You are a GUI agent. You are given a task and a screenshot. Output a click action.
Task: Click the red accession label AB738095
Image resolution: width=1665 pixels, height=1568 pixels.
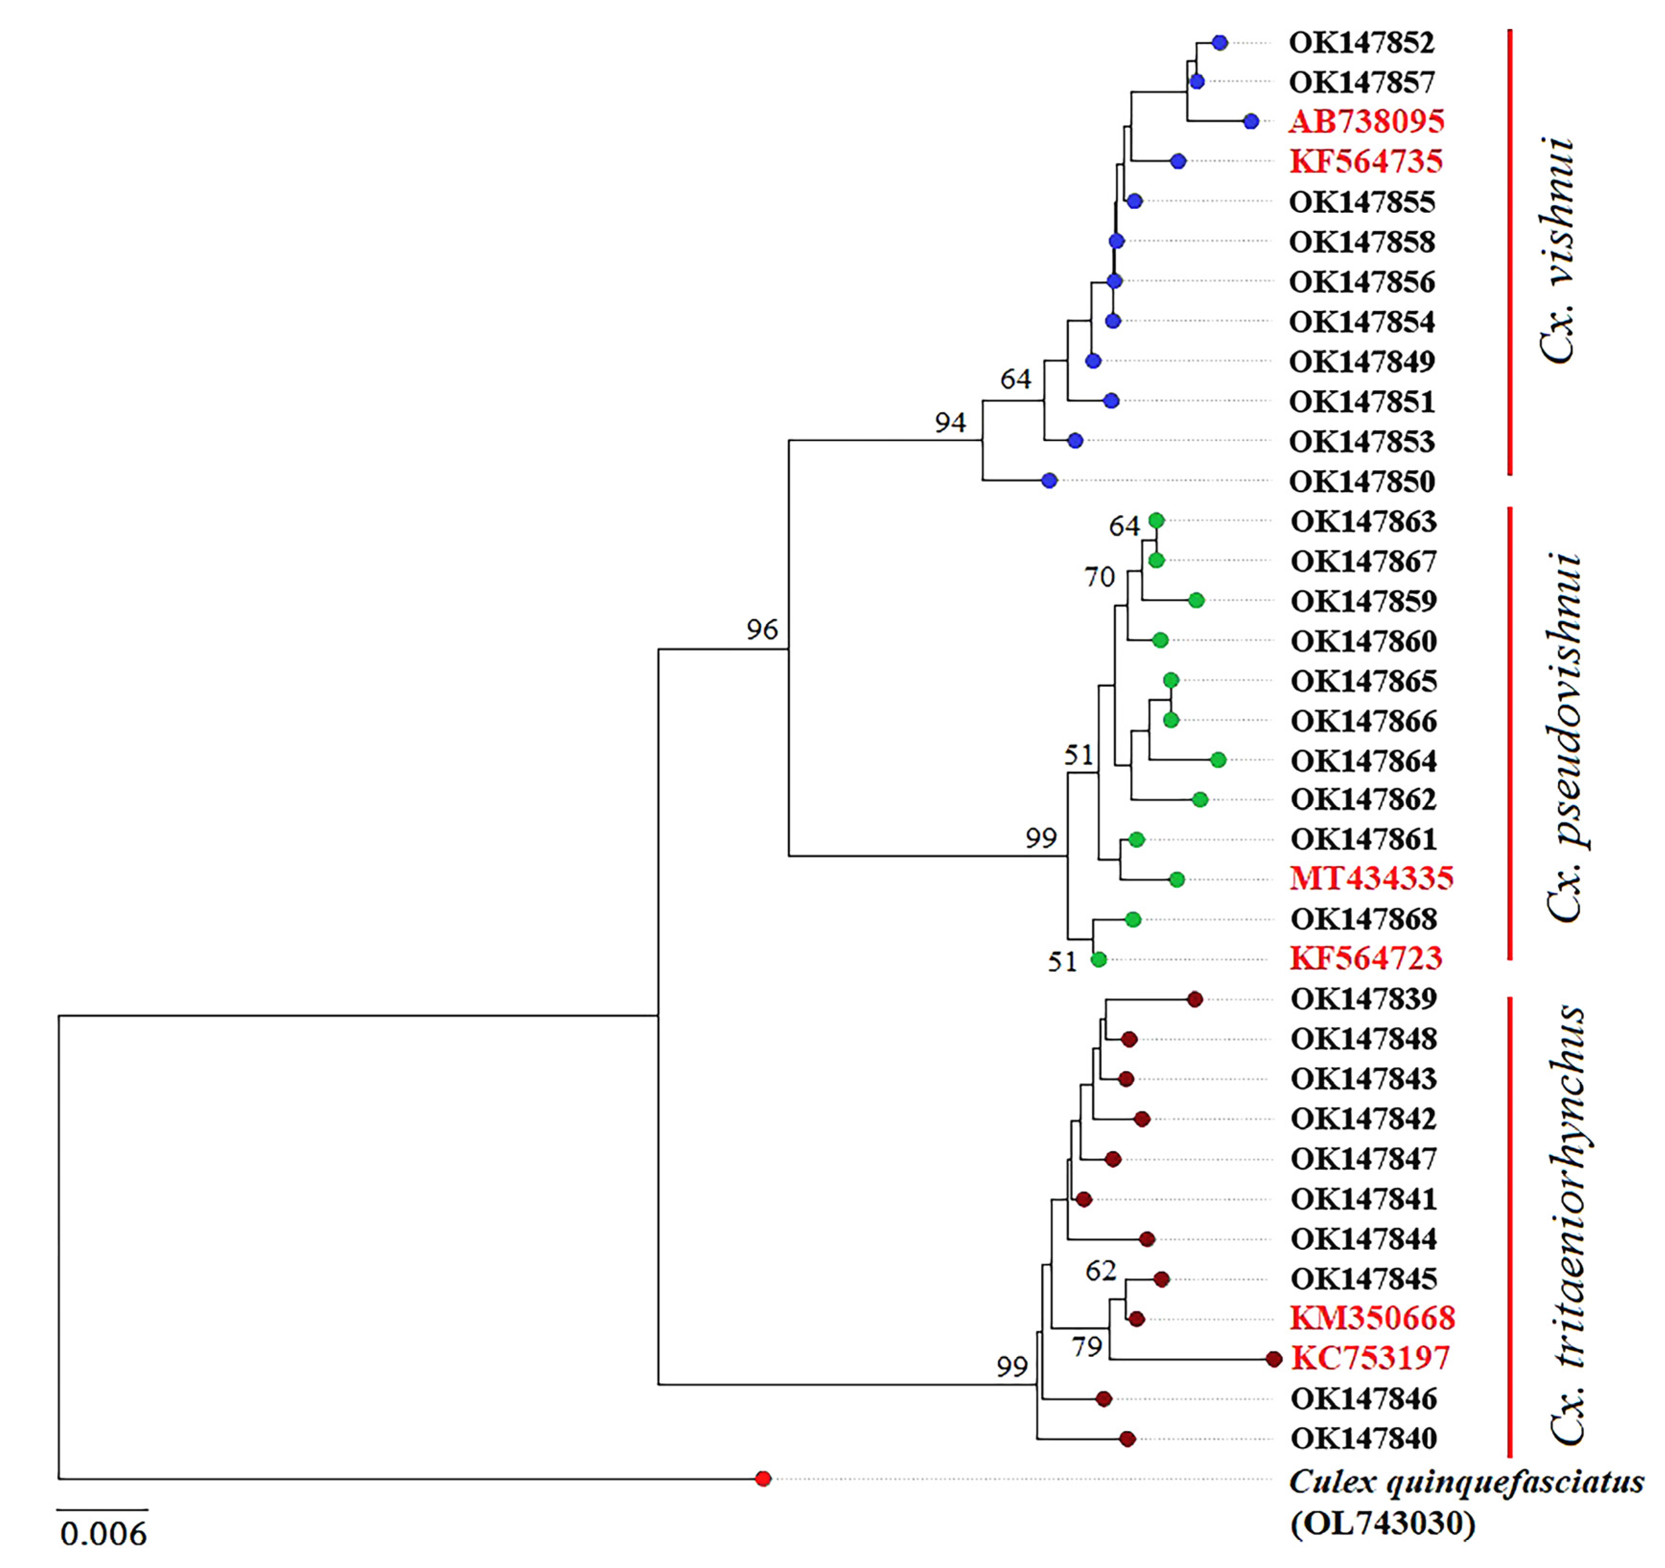point(1366,121)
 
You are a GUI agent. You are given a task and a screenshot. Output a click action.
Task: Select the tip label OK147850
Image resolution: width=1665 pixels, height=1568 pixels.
point(1362,482)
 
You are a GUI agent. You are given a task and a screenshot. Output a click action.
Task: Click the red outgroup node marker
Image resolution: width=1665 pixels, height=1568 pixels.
point(762,1478)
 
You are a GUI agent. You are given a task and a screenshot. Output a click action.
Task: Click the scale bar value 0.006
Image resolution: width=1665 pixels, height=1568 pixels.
point(103,1533)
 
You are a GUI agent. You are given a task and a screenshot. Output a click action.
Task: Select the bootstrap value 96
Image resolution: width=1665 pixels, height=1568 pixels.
point(762,629)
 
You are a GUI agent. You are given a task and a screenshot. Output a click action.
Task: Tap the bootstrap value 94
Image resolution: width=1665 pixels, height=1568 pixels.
point(950,423)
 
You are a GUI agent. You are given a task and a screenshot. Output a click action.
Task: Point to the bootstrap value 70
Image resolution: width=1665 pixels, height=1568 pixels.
point(1099,577)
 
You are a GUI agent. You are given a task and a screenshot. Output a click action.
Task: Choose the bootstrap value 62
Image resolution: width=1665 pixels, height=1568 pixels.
point(1100,1271)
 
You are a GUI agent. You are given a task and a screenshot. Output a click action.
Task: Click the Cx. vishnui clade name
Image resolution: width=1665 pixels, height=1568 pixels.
point(1558,251)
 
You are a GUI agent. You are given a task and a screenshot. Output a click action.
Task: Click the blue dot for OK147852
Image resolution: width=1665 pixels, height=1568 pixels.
point(1219,42)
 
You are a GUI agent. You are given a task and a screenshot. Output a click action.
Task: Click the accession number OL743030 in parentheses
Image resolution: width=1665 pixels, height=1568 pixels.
point(1383,1523)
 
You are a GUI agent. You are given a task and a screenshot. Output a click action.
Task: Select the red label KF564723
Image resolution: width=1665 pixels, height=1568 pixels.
point(1365,958)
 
